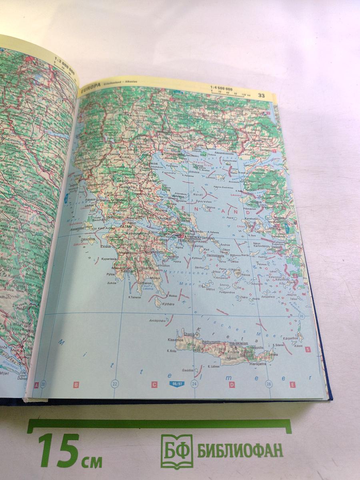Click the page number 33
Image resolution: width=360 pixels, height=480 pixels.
(261, 95)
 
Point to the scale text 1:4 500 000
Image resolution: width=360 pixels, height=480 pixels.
(221, 88)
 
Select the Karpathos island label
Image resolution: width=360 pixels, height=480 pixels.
(294, 338)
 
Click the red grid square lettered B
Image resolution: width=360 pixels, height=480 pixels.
(76, 385)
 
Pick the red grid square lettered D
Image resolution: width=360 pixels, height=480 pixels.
(232, 385)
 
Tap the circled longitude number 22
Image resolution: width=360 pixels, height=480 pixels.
(115, 384)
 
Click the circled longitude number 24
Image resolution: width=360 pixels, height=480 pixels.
(194, 384)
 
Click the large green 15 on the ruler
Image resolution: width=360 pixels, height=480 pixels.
(59, 450)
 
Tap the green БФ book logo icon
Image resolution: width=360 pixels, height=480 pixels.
(176, 451)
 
